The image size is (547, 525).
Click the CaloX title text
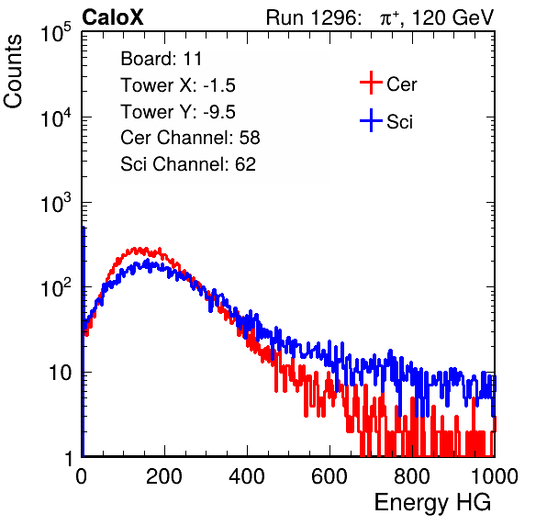pos(112,17)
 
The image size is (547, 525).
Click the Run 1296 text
pos(313,17)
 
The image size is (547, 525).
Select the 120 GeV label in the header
pos(452,17)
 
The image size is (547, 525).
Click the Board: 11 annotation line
pos(162,59)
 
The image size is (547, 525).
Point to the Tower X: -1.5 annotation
pos(178,85)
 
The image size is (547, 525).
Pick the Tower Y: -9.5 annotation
pos(178,112)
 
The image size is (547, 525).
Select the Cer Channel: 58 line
pos(190,138)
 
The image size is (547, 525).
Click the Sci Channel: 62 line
pos(188,164)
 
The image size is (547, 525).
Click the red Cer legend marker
pos(371,83)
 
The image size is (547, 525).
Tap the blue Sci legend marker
pos(371,121)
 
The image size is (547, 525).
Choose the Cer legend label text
pos(401,84)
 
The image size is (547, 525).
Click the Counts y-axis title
pos(13,72)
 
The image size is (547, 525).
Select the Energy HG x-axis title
pos(432,503)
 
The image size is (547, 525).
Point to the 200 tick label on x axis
pos(164,476)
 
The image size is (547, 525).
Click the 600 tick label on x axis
pos(329,476)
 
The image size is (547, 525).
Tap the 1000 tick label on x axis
pos(495,476)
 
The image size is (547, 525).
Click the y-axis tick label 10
pos(61,373)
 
